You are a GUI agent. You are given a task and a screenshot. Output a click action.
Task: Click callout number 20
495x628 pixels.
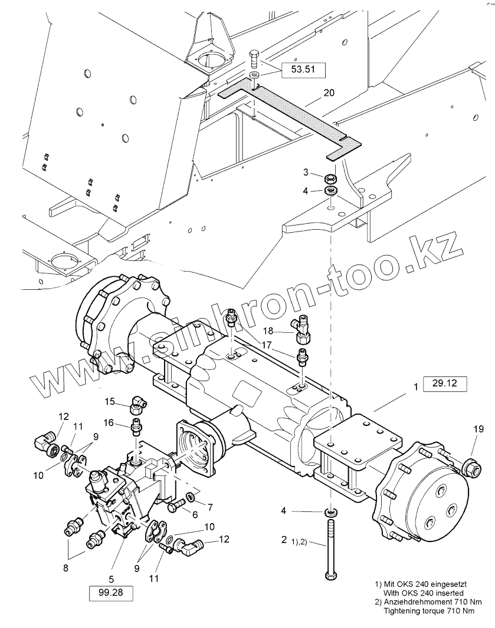pyautogui.click(x=329, y=93)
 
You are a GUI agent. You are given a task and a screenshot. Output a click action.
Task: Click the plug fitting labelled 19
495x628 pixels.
pyautogui.click(x=471, y=469)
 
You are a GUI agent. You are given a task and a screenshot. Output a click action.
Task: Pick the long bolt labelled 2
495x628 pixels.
pyautogui.click(x=328, y=548)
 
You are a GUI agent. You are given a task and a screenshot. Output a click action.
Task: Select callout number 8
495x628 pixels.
pyautogui.click(x=65, y=568)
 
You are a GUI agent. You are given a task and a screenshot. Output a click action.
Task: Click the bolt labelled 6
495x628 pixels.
pyautogui.click(x=176, y=506)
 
